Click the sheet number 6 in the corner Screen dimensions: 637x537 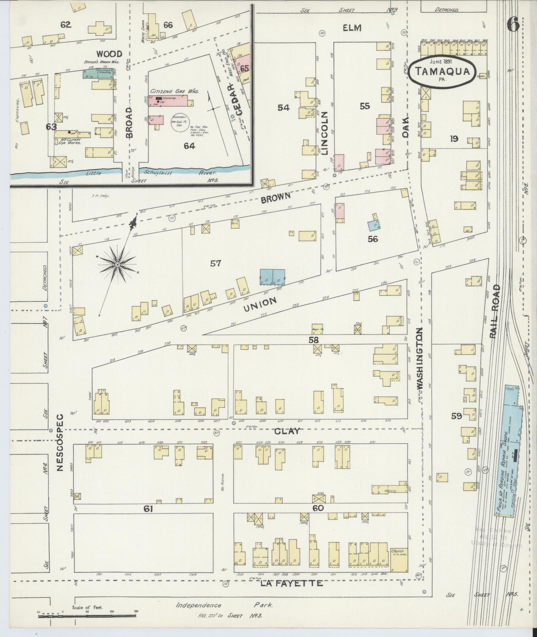click(513, 25)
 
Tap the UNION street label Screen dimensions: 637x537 click(260, 305)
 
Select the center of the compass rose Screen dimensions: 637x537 click(117, 265)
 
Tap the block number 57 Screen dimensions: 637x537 click(215, 263)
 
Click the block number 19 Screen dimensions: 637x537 click(454, 139)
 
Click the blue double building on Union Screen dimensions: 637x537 click(272, 277)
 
